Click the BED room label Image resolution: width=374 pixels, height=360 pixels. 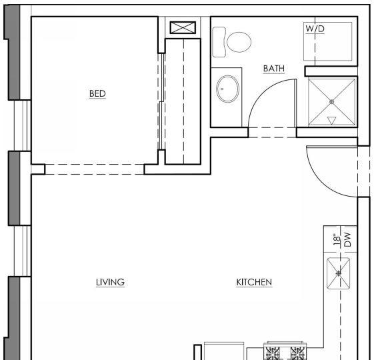[x=97, y=93]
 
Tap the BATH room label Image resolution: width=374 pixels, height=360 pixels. [x=274, y=69]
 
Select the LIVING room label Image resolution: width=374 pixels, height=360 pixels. [x=110, y=282]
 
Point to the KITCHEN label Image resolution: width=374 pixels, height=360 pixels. [x=254, y=282]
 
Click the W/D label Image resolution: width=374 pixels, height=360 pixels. [x=315, y=29]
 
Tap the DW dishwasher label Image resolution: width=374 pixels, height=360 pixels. [x=348, y=239]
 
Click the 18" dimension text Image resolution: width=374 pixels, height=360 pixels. [x=337, y=239]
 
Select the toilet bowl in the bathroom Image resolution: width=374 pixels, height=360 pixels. [x=239, y=42]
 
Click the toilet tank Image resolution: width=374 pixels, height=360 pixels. [x=219, y=42]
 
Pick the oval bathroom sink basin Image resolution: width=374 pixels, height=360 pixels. [x=227, y=89]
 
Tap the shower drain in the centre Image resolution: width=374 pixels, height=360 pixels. [x=331, y=102]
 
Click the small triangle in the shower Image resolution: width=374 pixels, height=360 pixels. [x=331, y=120]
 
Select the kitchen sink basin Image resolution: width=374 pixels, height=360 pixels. [x=338, y=273]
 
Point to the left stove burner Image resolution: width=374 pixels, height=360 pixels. [x=272, y=353]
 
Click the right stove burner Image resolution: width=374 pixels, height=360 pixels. [x=297, y=353]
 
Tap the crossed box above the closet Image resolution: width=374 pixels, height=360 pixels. [x=183, y=27]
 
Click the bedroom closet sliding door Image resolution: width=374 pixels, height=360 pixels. [x=162, y=101]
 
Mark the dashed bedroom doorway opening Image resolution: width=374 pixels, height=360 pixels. [x=95, y=169]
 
